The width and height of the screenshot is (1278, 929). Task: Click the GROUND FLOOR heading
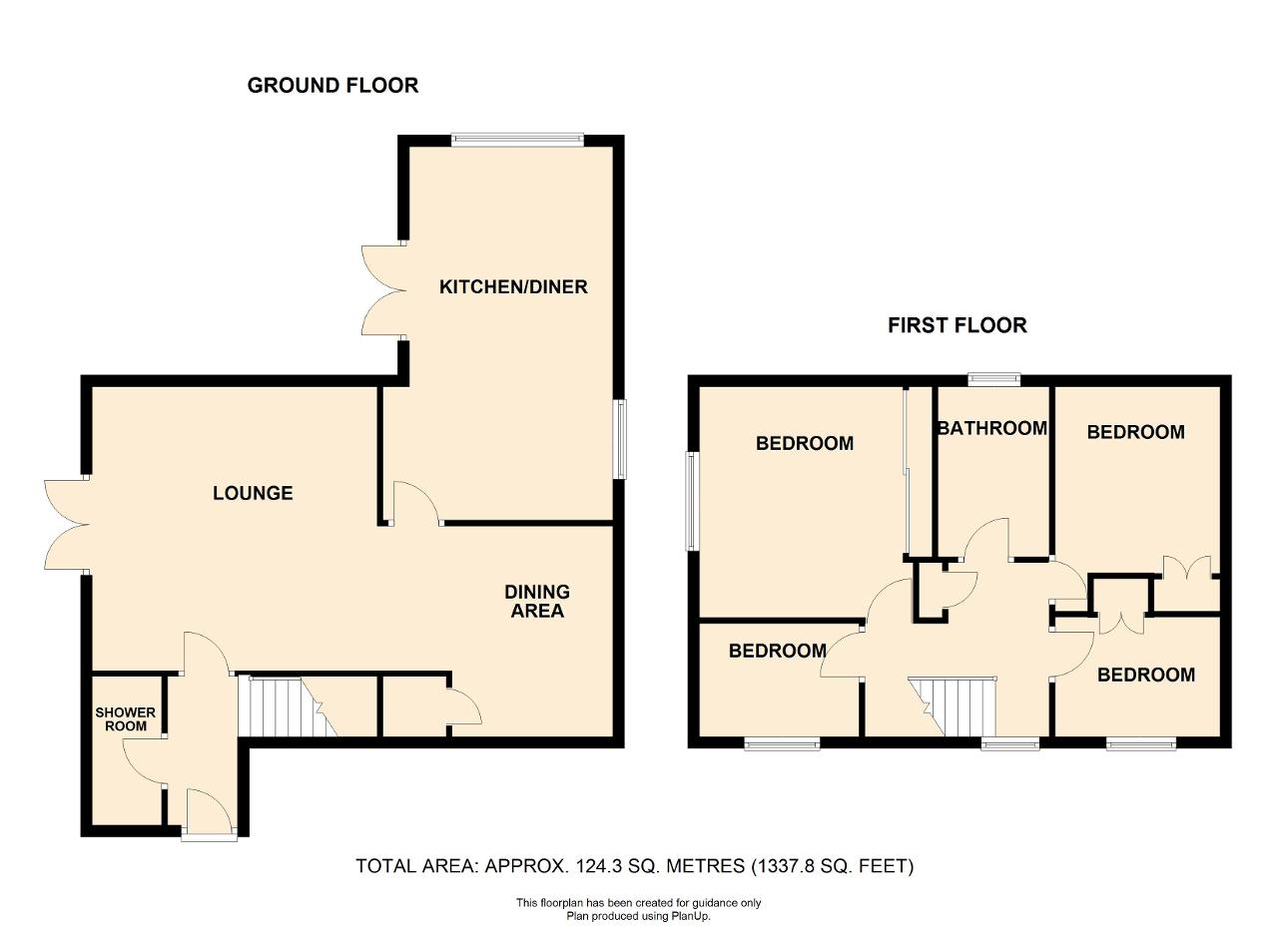(x=332, y=86)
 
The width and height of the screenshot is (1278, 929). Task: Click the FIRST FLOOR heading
(x=958, y=325)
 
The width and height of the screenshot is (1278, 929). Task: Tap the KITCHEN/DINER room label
(x=513, y=286)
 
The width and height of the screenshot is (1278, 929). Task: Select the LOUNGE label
(x=253, y=493)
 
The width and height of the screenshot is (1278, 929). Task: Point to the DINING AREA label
(x=537, y=601)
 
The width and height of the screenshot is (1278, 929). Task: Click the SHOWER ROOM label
(x=125, y=719)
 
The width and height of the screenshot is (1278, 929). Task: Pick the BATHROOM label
(x=992, y=428)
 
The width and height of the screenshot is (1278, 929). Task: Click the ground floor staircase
(x=289, y=707)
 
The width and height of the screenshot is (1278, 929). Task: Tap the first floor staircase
(x=953, y=706)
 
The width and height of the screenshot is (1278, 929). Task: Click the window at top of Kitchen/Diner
(x=517, y=140)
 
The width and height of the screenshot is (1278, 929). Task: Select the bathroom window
(x=994, y=379)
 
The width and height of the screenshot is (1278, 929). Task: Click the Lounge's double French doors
(x=67, y=525)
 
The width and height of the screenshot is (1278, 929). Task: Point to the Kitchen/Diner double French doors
(x=384, y=290)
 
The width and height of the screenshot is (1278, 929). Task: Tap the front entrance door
(x=209, y=813)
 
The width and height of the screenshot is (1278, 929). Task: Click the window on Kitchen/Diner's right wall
(x=620, y=440)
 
